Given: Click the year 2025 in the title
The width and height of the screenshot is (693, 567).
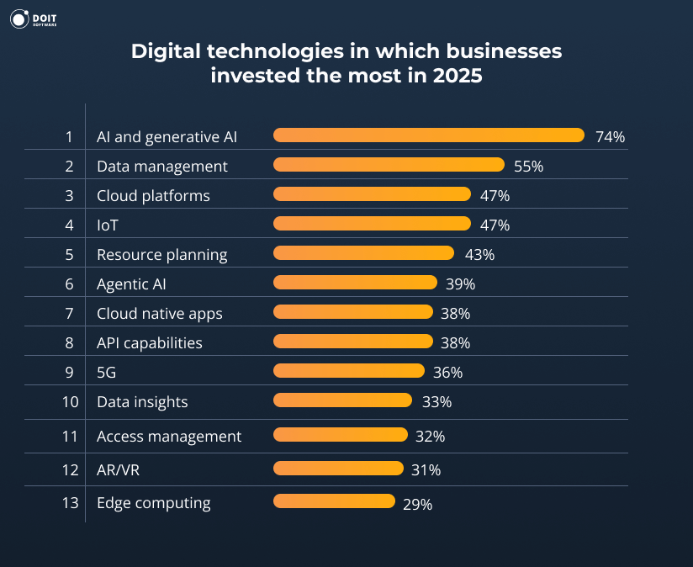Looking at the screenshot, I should [459, 77].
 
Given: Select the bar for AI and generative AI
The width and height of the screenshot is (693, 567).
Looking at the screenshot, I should [428, 135].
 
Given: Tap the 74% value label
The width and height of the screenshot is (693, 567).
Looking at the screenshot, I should [610, 137].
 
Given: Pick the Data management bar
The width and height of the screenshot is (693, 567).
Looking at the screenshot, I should [389, 165].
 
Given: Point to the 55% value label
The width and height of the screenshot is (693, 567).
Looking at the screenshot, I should [528, 167].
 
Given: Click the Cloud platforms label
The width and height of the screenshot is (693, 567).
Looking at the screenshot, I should [153, 196].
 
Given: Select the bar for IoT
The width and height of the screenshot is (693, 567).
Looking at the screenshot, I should [372, 224].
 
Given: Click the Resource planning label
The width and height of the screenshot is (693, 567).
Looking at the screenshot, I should [161, 255].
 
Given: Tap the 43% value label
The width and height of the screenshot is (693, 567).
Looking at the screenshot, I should [479, 255].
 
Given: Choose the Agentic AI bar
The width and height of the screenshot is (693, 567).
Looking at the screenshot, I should [355, 283].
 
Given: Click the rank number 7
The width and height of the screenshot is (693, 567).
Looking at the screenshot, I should [70, 314].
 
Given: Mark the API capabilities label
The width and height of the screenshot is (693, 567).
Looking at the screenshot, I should [149, 343].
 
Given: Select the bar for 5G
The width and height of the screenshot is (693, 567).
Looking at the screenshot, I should [349, 371].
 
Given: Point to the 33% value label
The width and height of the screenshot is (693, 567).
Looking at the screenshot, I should [436, 402].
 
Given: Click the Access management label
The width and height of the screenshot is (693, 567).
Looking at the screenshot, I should [168, 437].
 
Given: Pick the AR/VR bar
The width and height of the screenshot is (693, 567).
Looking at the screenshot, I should [338, 468].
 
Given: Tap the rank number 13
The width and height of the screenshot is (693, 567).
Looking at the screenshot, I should [70, 503].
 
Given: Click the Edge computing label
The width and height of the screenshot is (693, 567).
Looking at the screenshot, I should [153, 503].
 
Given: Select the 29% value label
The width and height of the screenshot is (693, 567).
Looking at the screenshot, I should [417, 505].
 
